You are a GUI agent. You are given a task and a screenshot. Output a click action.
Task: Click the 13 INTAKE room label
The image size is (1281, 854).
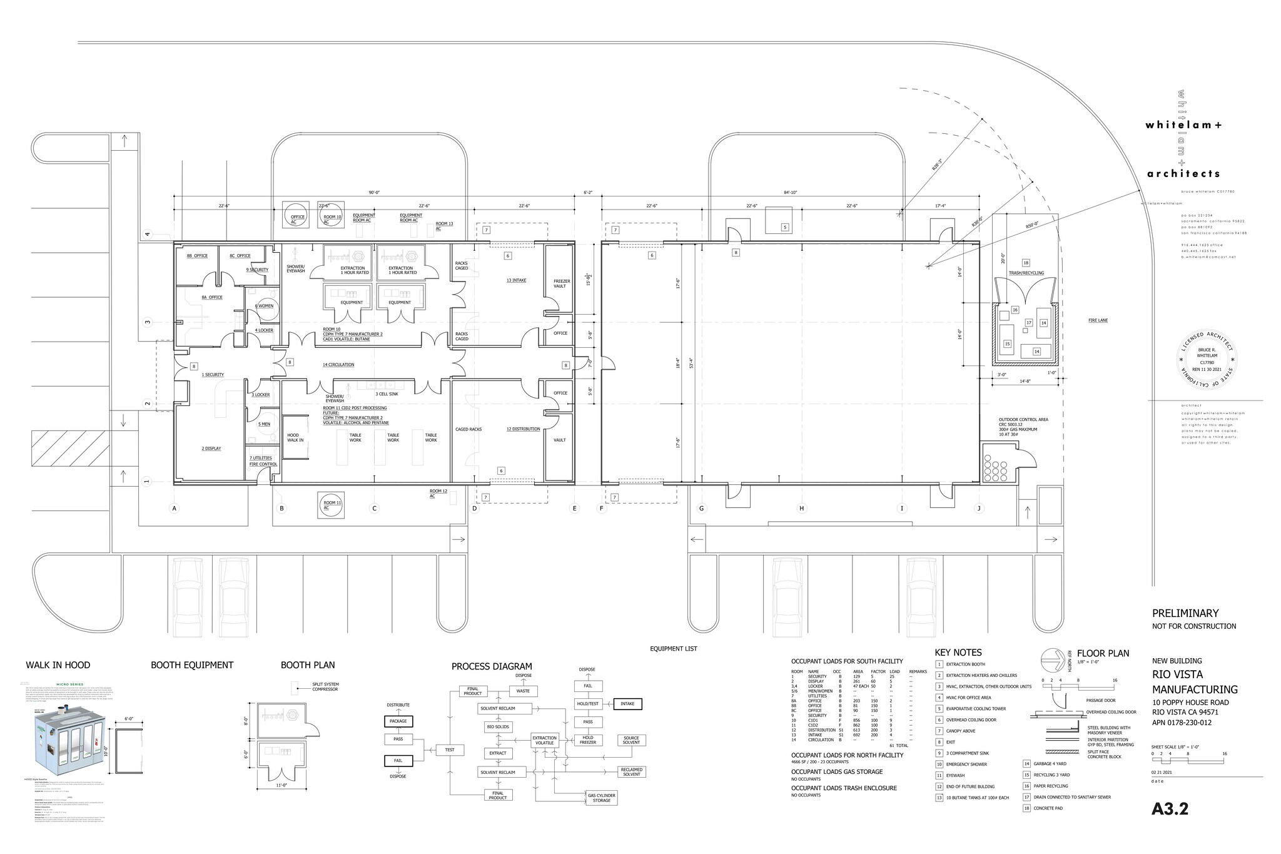[x=516, y=280]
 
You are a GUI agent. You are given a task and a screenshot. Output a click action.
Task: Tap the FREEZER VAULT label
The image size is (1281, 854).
[x=561, y=283]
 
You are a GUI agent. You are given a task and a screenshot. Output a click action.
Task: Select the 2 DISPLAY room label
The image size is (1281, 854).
[x=211, y=449]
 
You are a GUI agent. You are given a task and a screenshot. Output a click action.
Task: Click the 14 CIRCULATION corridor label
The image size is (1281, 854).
[x=338, y=365]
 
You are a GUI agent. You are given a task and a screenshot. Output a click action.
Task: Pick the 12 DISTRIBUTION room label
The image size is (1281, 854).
[x=523, y=429]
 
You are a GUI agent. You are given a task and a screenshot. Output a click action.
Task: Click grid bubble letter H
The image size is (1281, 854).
[x=801, y=509]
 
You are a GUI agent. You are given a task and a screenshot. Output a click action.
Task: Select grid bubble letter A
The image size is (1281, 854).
[x=175, y=509]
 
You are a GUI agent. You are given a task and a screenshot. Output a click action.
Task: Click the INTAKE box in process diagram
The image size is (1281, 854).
[x=627, y=704]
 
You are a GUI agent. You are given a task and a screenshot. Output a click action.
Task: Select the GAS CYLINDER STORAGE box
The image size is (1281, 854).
[x=601, y=798]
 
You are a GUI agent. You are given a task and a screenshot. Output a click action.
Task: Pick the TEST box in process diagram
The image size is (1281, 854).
[x=450, y=749]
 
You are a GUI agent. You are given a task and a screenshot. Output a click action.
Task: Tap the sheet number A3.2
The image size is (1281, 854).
[x=1169, y=809]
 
